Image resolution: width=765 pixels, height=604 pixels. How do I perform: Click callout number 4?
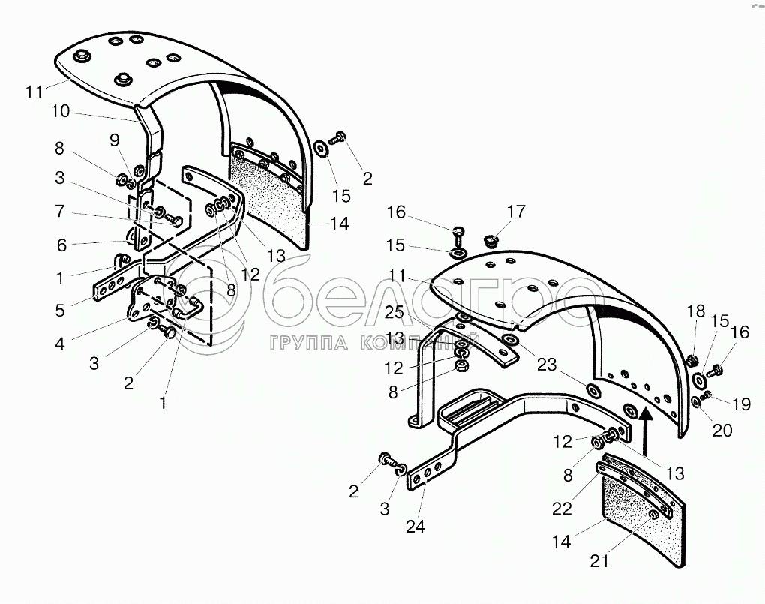coord(59,344)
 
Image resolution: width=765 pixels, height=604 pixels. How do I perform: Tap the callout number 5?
coord(60,310)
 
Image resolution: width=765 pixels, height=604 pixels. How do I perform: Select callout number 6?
coord(61,245)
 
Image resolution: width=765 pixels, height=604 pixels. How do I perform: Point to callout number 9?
coord(115,140)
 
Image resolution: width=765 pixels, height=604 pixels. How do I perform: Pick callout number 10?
coord(61,111)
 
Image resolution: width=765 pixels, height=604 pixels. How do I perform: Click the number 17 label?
coord(516,211)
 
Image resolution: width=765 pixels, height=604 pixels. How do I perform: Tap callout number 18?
coord(696,311)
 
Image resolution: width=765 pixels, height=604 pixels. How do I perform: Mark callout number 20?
coord(722,430)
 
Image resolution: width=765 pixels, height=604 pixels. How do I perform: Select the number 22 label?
coord(562,508)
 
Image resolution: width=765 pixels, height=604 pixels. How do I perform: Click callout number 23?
coord(547,364)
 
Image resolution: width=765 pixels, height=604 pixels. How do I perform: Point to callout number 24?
coord(415,527)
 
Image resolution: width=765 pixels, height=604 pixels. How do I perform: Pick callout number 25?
coord(394,311)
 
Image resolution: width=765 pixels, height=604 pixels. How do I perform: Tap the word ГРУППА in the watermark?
coord(309,343)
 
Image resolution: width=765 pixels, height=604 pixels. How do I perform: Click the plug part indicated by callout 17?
coord(491,241)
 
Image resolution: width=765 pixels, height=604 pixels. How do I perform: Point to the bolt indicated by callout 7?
coord(173,220)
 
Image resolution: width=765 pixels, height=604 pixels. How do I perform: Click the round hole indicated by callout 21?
coord(652,517)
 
